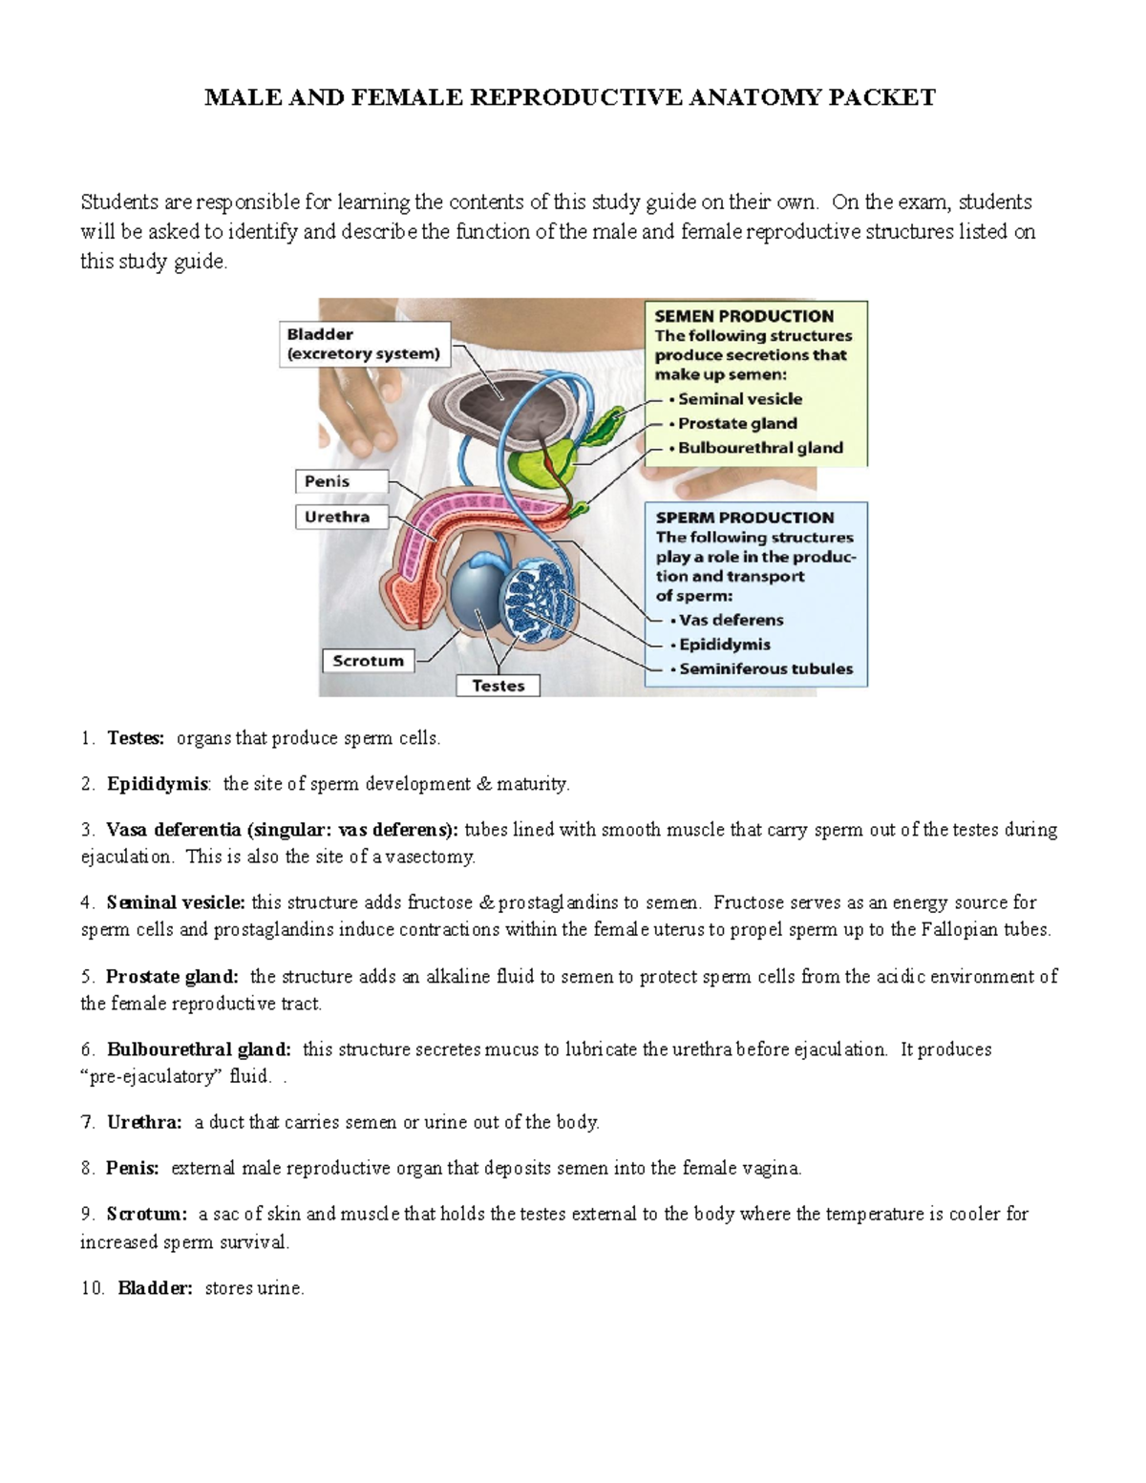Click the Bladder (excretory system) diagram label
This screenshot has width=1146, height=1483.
363,344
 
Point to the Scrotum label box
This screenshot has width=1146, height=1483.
368,661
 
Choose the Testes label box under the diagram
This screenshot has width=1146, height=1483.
498,686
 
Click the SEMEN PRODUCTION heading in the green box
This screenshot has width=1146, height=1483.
744,316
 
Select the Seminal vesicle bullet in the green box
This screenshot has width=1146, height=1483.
739,399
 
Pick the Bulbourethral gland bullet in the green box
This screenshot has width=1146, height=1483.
759,448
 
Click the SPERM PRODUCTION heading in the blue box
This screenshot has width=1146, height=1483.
745,518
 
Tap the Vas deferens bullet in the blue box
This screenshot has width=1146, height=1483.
731,620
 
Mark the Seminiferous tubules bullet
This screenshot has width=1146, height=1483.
765,668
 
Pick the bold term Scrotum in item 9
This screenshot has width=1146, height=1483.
147,1214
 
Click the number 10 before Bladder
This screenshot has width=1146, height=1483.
92,1288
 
